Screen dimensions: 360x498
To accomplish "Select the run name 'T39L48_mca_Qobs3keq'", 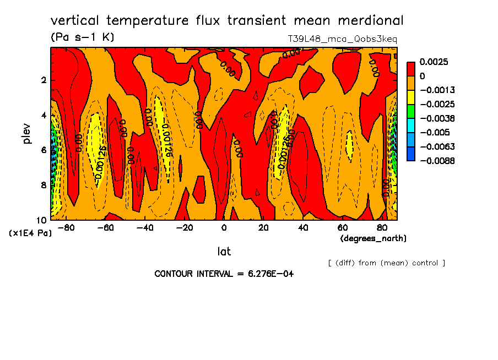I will click(x=342, y=39).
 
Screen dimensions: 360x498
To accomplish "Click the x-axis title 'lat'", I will click(x=224, y=252).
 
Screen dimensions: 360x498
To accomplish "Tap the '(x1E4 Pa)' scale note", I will click(x=30, y=233).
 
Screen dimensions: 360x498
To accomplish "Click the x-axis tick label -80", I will click(x=66, y=228).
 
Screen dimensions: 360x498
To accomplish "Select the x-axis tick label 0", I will click(x=224, y=228).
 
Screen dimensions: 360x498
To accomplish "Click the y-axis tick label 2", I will click(x=43, y=80).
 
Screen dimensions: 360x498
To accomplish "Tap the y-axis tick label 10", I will click(x=41, y=220).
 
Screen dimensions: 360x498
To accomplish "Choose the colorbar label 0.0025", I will click(x=434, y=62).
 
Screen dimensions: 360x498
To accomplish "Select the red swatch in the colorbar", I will click(x=411, y=69).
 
